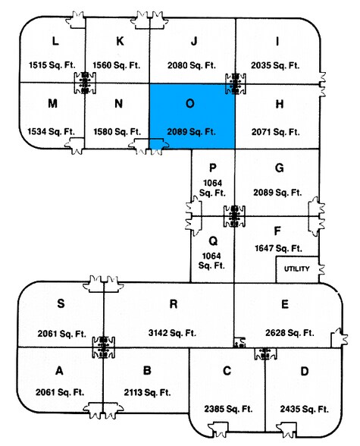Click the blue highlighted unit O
point(192,116)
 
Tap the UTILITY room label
point(296,269)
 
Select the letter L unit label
point(55,41)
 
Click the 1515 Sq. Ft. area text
point(52,65)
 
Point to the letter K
point(120,41)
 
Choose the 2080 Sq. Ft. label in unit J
point(192,65)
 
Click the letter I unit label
point(277,42)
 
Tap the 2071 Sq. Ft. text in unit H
point(275,132)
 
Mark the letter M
point(52,103)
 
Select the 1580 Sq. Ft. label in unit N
point(117,132)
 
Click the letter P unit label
point(212,168)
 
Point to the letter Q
point(213,241)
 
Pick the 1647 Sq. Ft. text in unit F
point(278,249)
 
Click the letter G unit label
point(280,168)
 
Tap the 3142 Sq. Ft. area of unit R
point(172,333)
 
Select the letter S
point(61,303)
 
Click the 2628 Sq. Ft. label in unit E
point(290,333)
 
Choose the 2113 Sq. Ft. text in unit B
point(147,393)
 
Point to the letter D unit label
point(305,371)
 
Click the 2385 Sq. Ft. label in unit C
point(228,409)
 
